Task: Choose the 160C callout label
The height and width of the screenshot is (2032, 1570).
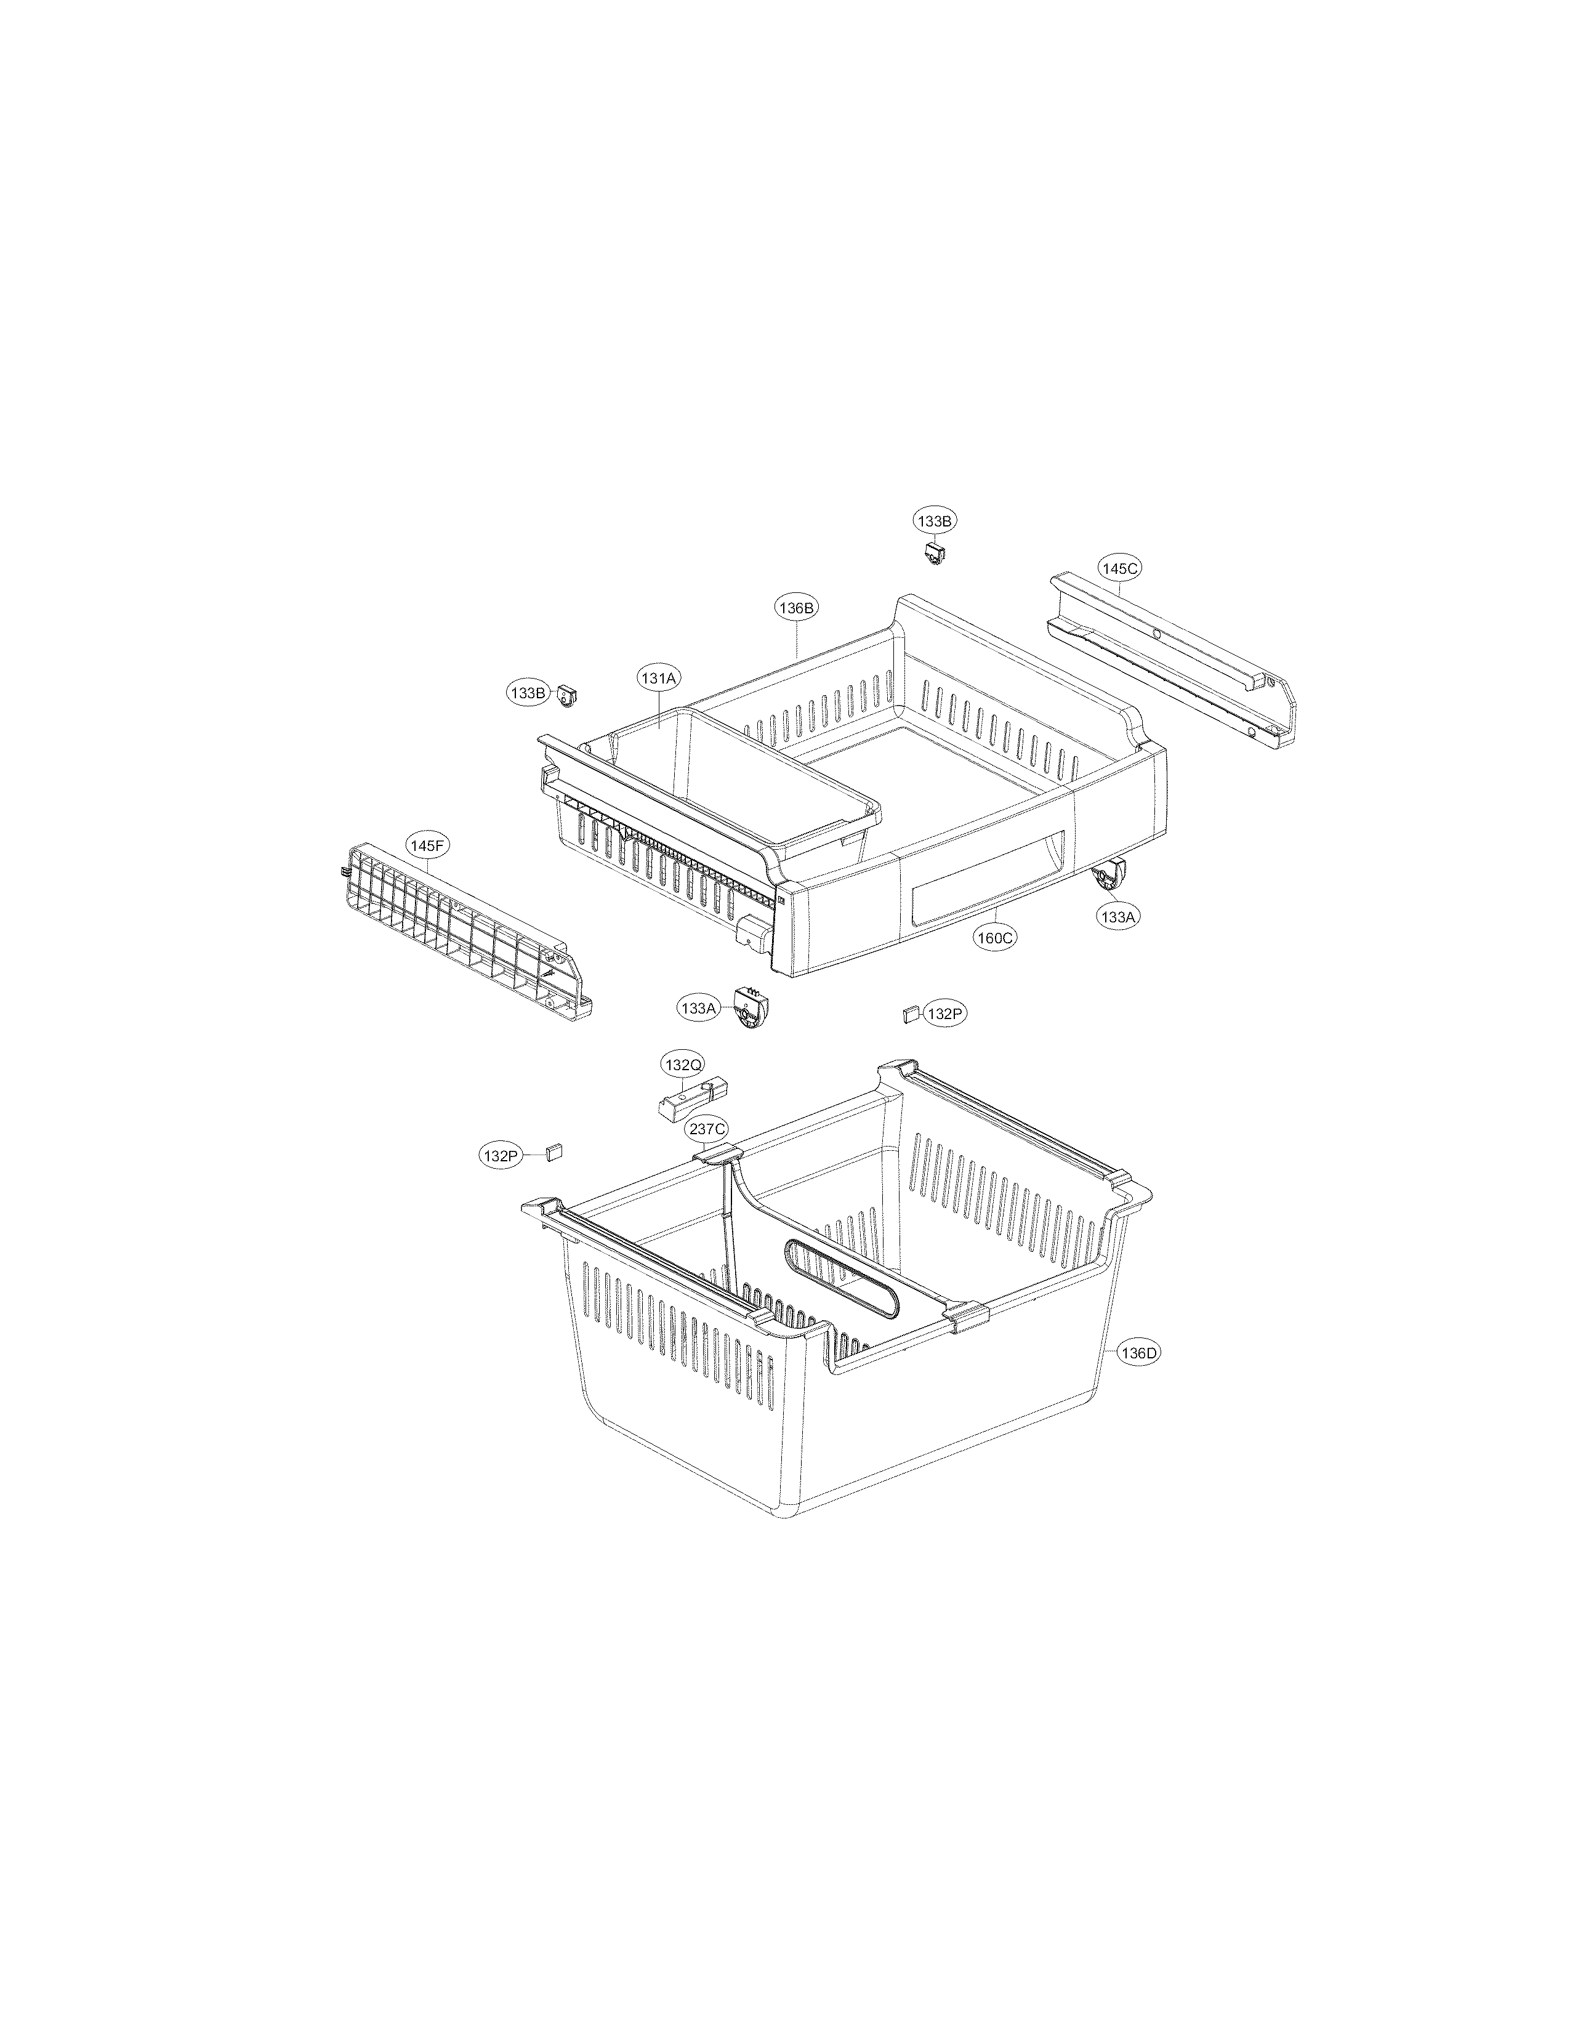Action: click(x=993, y=937)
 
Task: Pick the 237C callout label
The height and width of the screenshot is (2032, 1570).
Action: click(x=707, y=1129)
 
